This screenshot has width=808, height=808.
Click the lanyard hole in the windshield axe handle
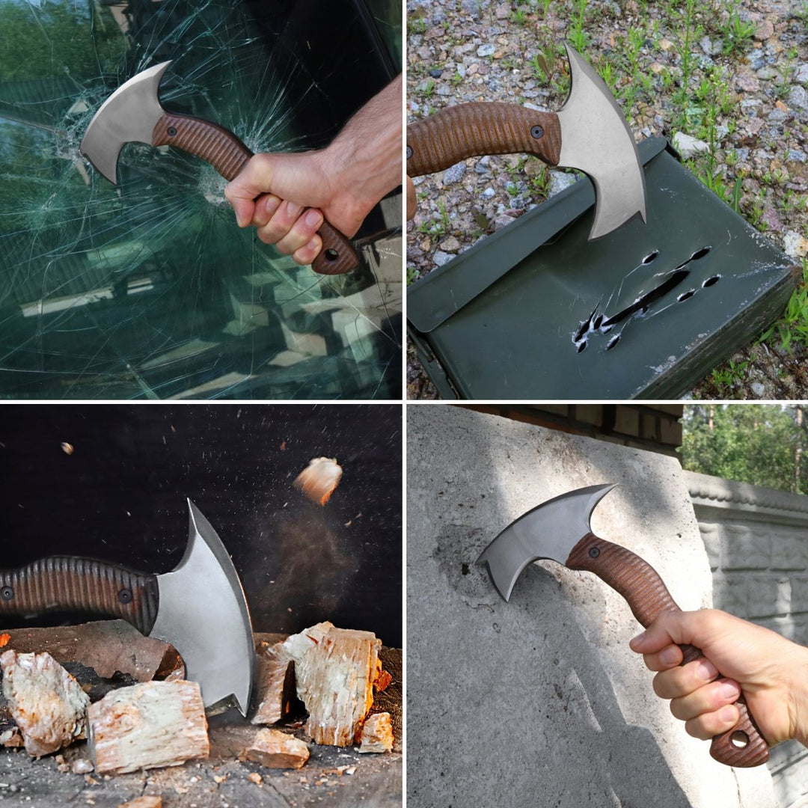[x=331, y=254]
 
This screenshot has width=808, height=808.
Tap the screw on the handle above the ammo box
[x=537, y=132]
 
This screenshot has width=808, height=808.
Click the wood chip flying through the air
[x=319, y=479]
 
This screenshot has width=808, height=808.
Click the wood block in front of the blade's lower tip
[x=150, y=726]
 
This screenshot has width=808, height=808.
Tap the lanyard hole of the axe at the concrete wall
[x=740, y=739]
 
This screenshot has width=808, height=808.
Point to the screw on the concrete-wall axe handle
[x=594, y=552]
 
